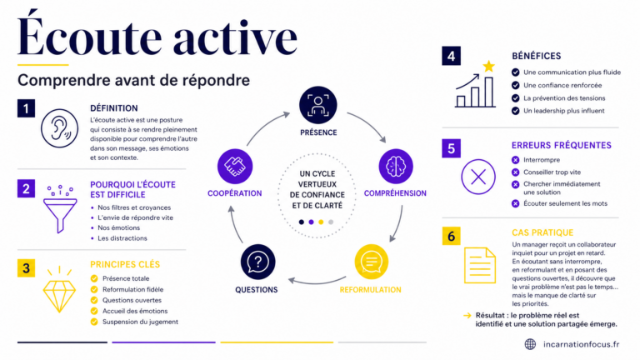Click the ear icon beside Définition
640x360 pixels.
pos(60,128)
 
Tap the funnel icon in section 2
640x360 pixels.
pos(60,209)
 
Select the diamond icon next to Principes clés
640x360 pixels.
pos(60,291)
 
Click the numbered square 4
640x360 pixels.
pos(451,56)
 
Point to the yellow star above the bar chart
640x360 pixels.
pos(488,66)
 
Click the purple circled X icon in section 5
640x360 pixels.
pos(478,177)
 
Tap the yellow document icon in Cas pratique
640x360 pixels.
pos(480,265)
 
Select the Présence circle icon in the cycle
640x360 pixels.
pos(318,105)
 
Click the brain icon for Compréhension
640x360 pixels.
pos(396,167)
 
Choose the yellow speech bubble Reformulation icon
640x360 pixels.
pos(371,262)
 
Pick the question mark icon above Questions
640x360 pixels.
pos(258,262)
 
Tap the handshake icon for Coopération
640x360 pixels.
pos(235,167)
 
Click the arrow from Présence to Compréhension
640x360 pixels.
pos(369,123)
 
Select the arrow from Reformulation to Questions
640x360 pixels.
pos(317,282)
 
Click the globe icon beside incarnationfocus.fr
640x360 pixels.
pos(530,344)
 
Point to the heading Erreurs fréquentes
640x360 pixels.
pos(561,145)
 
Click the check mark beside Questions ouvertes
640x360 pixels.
pos(94,300)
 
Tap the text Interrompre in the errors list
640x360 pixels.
pos(542,160)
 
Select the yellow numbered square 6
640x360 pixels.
pos(451,236)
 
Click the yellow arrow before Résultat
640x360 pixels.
pos(467,315)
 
